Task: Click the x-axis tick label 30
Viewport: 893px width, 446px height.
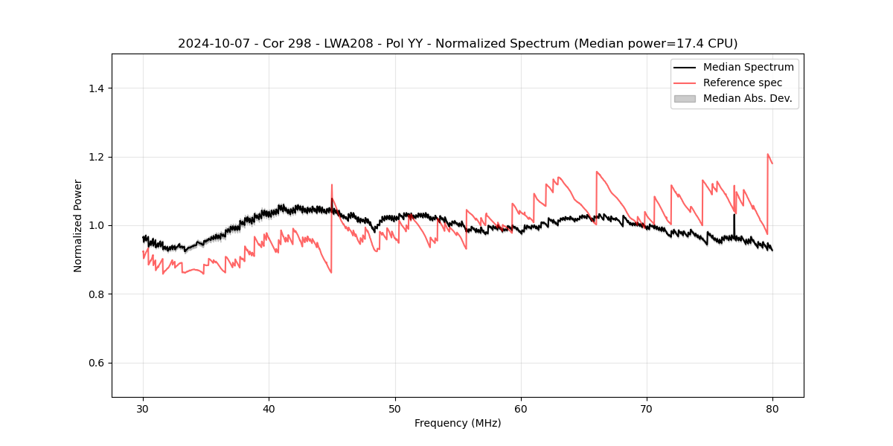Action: [143, 408]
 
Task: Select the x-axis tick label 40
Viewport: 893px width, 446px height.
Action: [269, 408]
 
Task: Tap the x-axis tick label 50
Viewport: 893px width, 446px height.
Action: [395, 408]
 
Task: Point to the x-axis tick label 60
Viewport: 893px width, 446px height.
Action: [521, 408]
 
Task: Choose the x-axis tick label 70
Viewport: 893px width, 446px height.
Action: [647, 408]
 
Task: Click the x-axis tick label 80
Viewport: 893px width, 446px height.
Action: [772, 408]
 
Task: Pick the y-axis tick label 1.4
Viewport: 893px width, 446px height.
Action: [96, 88]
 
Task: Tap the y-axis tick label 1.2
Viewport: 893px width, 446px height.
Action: [96, 157]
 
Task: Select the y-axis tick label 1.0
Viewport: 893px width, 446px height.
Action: [96, 225]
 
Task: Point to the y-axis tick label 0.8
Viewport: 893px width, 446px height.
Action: [96, 294]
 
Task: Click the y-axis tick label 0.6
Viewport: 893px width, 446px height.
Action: [96, 363]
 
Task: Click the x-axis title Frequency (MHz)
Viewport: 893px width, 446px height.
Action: [458, 423]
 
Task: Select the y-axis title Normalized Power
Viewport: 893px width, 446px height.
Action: [78, 225]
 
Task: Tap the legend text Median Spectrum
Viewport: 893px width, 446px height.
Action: [748, 67]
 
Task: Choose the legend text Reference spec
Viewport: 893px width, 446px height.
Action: [743, 83]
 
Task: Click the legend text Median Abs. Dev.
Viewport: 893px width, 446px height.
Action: [748, 98]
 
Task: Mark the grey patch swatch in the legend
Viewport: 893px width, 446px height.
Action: [685, 98]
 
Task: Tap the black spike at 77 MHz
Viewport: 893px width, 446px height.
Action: [734, 223]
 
